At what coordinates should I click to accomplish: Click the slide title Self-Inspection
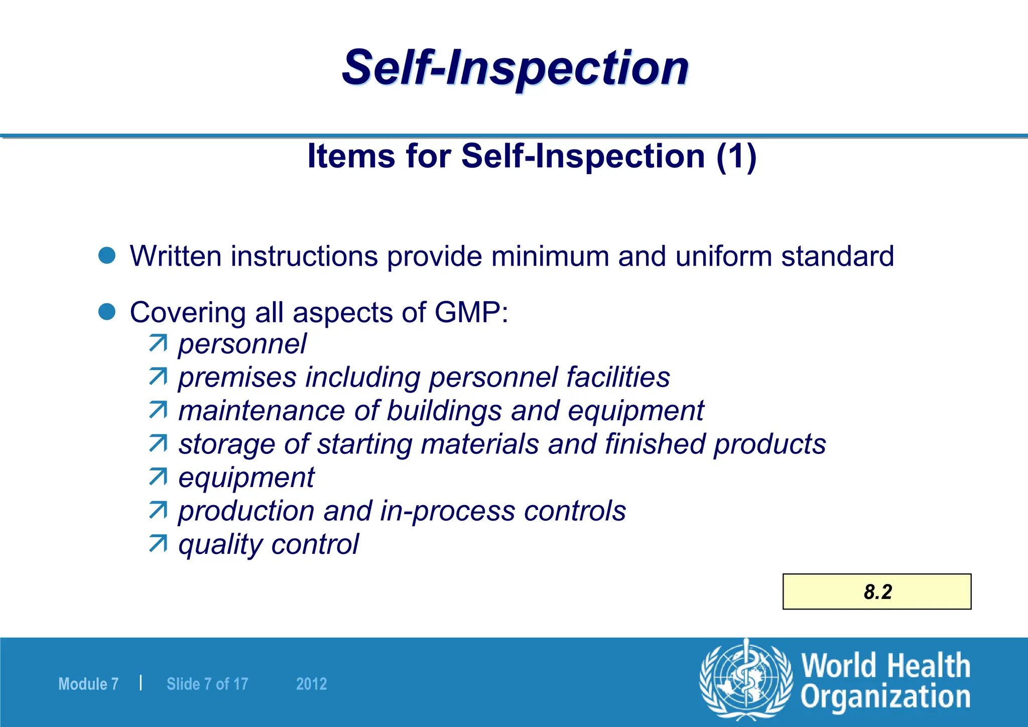pos(515,68)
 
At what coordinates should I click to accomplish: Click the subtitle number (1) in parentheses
pos(736,156)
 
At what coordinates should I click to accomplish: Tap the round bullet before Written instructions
pos(107,255)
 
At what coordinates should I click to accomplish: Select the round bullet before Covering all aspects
pos(107,311)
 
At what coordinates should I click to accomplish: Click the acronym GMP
pos(467,312)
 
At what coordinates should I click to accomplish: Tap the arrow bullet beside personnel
pos(158,343)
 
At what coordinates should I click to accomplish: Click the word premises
pos(237,378)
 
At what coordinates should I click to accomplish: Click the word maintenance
pos(262,411)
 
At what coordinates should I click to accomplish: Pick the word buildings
pos(444,411)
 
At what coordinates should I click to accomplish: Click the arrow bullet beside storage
pos(158,443)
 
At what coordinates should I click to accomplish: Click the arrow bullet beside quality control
pos(158,544)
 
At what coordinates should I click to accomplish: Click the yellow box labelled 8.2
pos(877,591)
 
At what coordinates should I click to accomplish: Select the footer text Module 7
pos(88,684)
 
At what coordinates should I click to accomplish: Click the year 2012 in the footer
pos(311,684)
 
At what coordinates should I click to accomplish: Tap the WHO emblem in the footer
pos(746,680)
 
